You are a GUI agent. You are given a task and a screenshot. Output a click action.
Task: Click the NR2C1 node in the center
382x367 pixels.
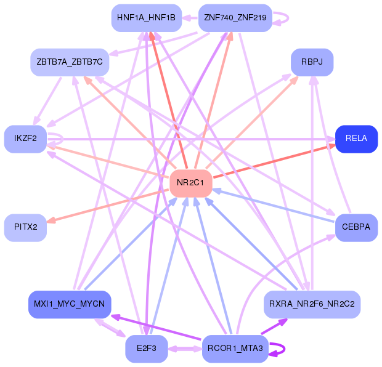(190, 183)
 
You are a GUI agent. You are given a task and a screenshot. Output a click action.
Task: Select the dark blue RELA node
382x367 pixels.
(356, 139)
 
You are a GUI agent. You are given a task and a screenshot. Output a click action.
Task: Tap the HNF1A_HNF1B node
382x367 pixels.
(145, 18)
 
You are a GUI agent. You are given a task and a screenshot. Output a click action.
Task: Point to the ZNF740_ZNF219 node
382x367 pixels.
(235, 18)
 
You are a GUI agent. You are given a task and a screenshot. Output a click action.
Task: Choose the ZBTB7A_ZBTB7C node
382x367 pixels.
(70, 62)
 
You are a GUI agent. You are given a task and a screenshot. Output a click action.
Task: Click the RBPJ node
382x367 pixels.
(312, 62)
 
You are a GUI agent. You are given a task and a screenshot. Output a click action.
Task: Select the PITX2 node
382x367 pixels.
(25, 227)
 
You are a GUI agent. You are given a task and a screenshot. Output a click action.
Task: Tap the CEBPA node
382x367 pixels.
(356, 227)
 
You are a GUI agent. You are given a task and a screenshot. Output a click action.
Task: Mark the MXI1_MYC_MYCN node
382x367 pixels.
(69, 305)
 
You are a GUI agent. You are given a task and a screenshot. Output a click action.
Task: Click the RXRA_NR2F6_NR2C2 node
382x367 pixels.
(312, 304)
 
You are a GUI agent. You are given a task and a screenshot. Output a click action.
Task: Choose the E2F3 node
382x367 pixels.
(147, 349)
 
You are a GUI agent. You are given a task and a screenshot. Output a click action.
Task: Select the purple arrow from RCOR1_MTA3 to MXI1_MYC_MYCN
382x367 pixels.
(154, 327)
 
